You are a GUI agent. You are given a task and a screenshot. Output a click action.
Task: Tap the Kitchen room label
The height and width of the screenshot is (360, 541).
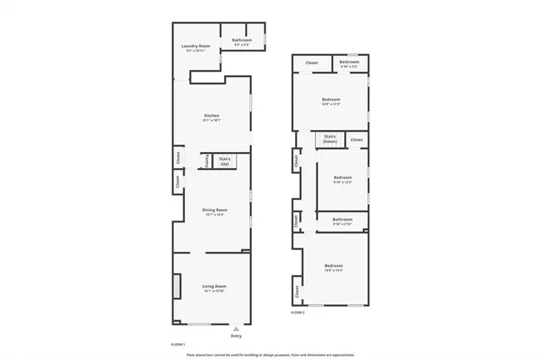(211, 115)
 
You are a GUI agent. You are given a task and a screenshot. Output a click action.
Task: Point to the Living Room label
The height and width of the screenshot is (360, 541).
(214, 286)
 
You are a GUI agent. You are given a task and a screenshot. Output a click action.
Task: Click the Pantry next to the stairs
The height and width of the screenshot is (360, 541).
(205, 161)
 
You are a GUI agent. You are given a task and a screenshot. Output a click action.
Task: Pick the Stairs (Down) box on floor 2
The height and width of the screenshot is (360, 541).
(330, 139)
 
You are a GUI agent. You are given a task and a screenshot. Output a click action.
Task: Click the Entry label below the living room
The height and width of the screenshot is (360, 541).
(236, 335)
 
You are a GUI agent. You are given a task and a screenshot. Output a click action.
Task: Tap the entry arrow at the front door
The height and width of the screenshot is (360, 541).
(236, 328)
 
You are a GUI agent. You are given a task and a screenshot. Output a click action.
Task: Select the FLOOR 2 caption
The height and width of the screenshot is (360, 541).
(298, 313)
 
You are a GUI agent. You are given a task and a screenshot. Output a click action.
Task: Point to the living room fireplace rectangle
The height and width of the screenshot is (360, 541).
(178, 286)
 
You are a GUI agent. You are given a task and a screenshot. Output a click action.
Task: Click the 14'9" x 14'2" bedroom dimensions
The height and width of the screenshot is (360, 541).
(334, 271)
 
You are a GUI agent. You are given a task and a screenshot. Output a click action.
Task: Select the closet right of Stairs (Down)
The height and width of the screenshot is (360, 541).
(356, 139)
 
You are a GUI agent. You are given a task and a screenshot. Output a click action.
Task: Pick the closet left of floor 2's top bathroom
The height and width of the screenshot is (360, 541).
(311, 63)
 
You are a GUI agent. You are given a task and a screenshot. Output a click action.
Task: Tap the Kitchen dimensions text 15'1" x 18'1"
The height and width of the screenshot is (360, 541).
(211, 121)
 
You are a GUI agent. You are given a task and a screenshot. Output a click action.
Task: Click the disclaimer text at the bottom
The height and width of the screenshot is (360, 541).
(270, 354)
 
